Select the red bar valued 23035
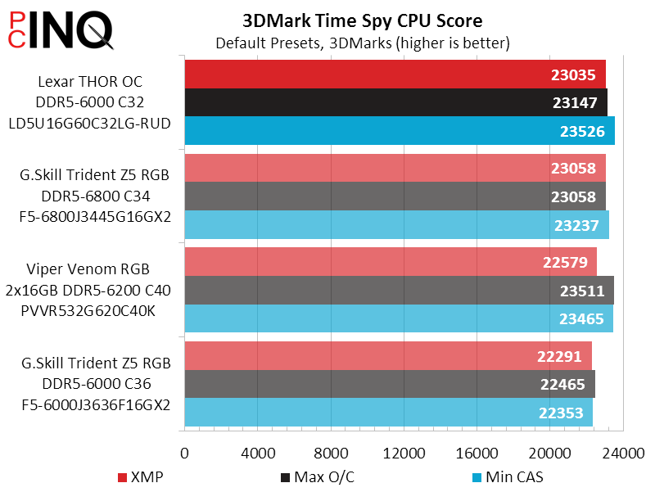pyautogui.click(x=368, y=74)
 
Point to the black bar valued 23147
pyautogui.click(x=368, y=102)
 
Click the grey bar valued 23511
pyautogui.click(x=368, y=291)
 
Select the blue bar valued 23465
pyautogui.click(x=368, y=318)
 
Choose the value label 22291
pyautogui.click(x=560, y=356)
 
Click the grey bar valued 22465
pyautogui.click(x=368, y=384)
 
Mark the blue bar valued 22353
pyautogui.click(x=368, y=413)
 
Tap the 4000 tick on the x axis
pyautogui.click(x=258, y=453)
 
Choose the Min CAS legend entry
pyautogui.click(x=508, y=476)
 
